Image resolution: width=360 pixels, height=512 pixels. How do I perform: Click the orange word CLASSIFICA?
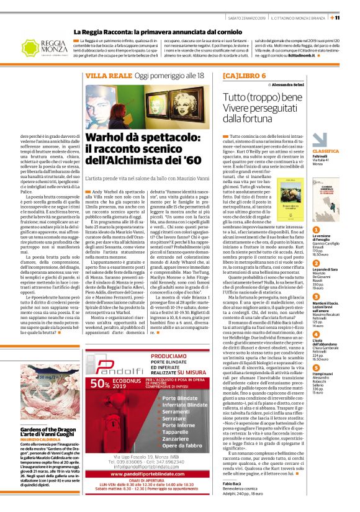[343, 151]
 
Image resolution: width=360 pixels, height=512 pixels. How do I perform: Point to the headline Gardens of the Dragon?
[48, 430]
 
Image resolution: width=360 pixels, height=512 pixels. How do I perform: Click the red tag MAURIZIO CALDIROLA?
[42, 440]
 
